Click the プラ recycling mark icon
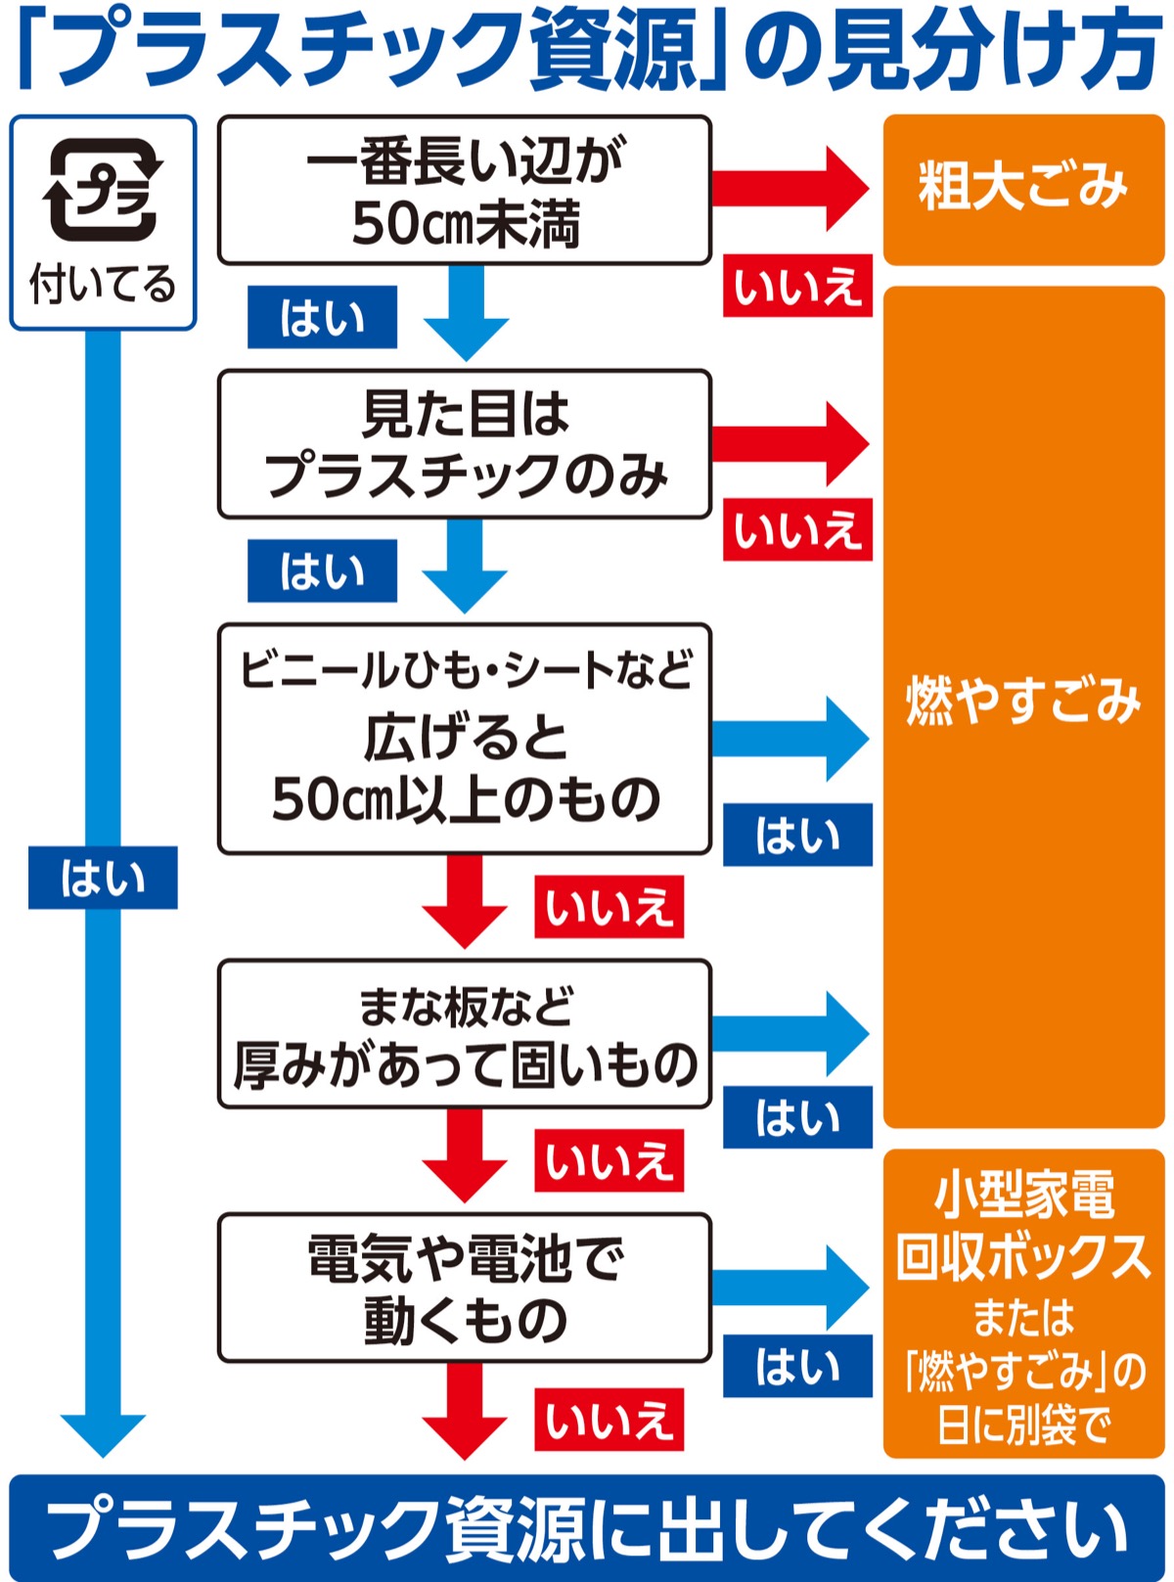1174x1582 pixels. click(102, 190)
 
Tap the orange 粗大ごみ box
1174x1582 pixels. click(1023, 188)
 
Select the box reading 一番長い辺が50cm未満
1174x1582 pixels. click(464, 190)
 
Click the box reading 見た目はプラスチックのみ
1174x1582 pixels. click(464, 443)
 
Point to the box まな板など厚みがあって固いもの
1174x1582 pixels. click(464, 1034)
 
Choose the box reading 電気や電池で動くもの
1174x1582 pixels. click(464, 1288)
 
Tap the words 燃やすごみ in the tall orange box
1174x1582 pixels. click(1023, 701)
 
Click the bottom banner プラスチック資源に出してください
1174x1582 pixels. click(587, 1527)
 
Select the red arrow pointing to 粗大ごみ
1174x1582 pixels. click(789, 188)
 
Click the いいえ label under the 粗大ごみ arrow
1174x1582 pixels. click(797, 287)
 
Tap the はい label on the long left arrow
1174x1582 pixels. click(103, 878)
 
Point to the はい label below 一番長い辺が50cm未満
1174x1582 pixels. click(322, 317)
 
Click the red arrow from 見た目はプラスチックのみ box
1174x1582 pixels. click(789, 443)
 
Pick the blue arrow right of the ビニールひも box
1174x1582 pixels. click(789, 739)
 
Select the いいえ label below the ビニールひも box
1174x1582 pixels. click(609, 907)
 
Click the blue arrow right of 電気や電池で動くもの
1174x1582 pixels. click(789, 1288)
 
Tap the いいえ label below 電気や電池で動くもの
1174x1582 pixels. click(609, 1420)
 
